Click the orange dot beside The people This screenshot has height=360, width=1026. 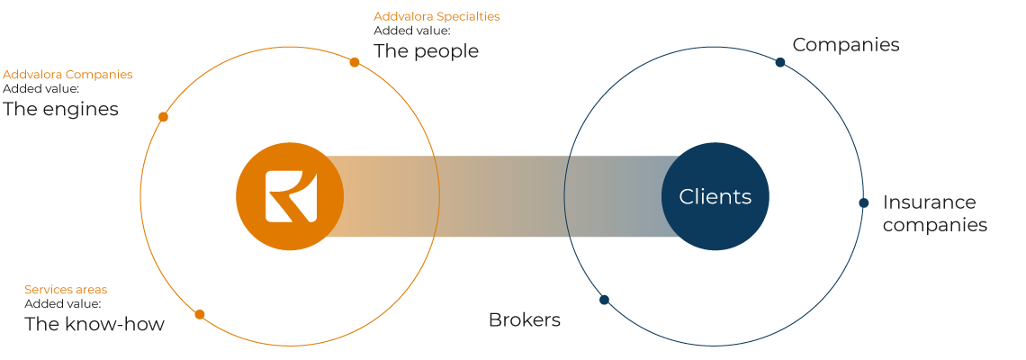[355, 62]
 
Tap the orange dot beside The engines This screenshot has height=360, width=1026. [164, 116]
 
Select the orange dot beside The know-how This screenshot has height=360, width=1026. [200, 314]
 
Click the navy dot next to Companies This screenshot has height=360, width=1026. [780, 62]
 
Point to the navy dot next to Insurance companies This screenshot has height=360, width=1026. [864, 202]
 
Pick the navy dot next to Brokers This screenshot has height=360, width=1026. [604, 300]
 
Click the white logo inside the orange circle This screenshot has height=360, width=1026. [292, 196]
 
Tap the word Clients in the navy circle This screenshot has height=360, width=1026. [715, 196]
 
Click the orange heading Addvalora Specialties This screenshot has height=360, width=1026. [436, 16]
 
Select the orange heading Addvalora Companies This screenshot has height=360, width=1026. [67, 75]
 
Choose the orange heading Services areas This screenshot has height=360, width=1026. [66, 289]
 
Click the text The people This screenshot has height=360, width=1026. [426, 51]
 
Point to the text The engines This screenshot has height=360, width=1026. [61, 109]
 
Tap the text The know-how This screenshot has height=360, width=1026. [94, 324]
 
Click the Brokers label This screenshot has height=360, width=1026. [525, 320]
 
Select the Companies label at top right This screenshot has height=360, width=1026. [846, 44]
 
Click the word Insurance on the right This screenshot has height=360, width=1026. [929, 202]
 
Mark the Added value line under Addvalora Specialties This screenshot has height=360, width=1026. [412, 30]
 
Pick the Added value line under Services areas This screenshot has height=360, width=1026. [63, 303]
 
